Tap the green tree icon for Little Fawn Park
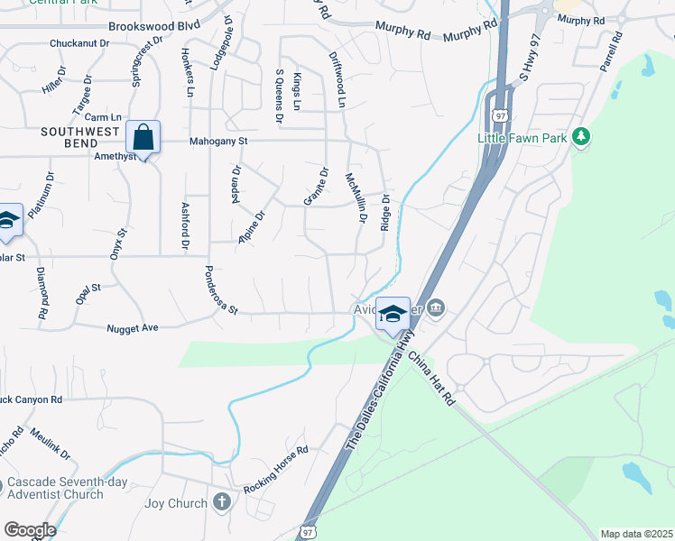[x=583, y=136]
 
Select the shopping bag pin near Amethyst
[x=143, y=138]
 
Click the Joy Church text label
[x=178, y=502]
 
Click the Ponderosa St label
[x=220, y=290]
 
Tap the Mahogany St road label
[x=217, y=142]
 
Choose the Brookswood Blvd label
[x=153, y=27]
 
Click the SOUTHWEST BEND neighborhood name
[x=80, y=138]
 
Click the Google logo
[x=29, y=530]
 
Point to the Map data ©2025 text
[x=636, y=533]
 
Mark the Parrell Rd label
[x=612, y=53]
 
